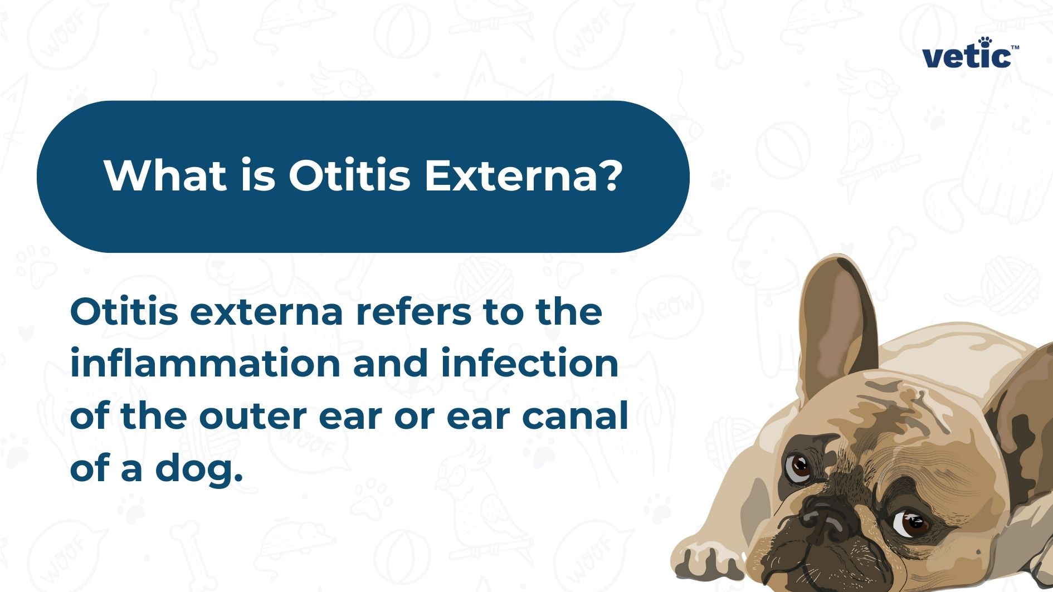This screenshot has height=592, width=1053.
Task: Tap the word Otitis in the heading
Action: tap(349, 175)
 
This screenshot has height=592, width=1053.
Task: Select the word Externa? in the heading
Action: tap(523, 175)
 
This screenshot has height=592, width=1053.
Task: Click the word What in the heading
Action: tap(165, 175)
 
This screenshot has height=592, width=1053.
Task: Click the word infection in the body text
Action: tap(529, 363)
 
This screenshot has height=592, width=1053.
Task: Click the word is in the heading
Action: tap(258, 175)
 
